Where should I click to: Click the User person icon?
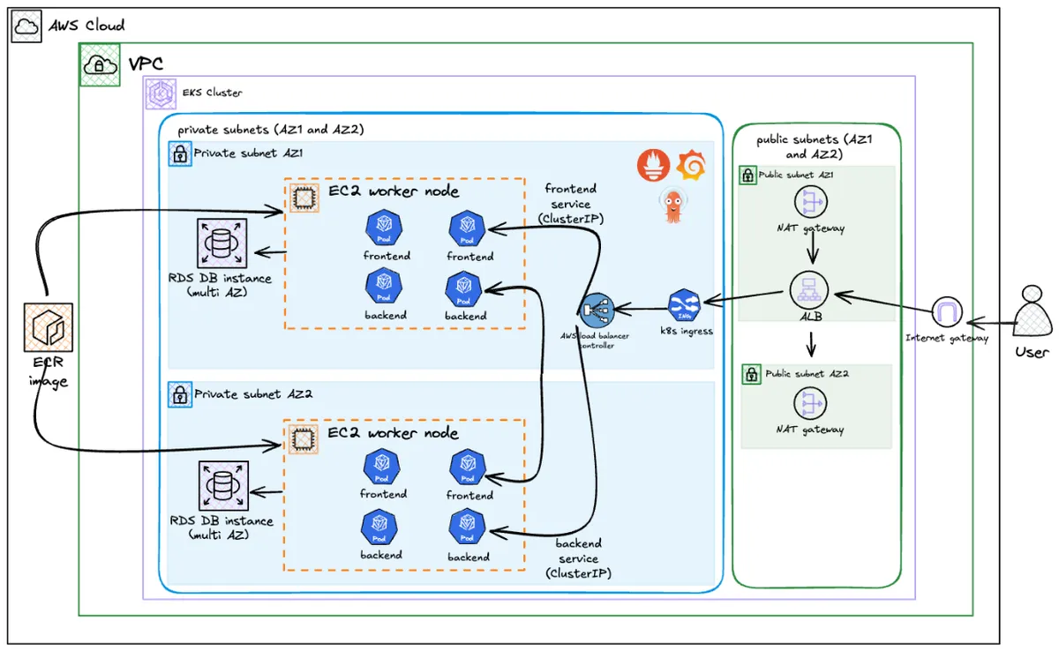point(1031,311)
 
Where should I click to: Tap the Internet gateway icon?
point(947,312)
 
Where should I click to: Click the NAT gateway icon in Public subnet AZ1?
point(809,202)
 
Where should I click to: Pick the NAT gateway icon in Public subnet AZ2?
point(809,403)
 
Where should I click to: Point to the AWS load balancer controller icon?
point(597,310)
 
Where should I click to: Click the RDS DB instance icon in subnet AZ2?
point(223,486)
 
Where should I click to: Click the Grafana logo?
point(691,165)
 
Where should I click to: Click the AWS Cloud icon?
point(26,26)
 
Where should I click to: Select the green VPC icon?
point(101,64)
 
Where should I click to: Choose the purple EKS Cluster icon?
point(160,93)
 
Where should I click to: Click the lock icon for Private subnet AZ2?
point(179,394)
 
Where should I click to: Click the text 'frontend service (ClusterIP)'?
point(570,204)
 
